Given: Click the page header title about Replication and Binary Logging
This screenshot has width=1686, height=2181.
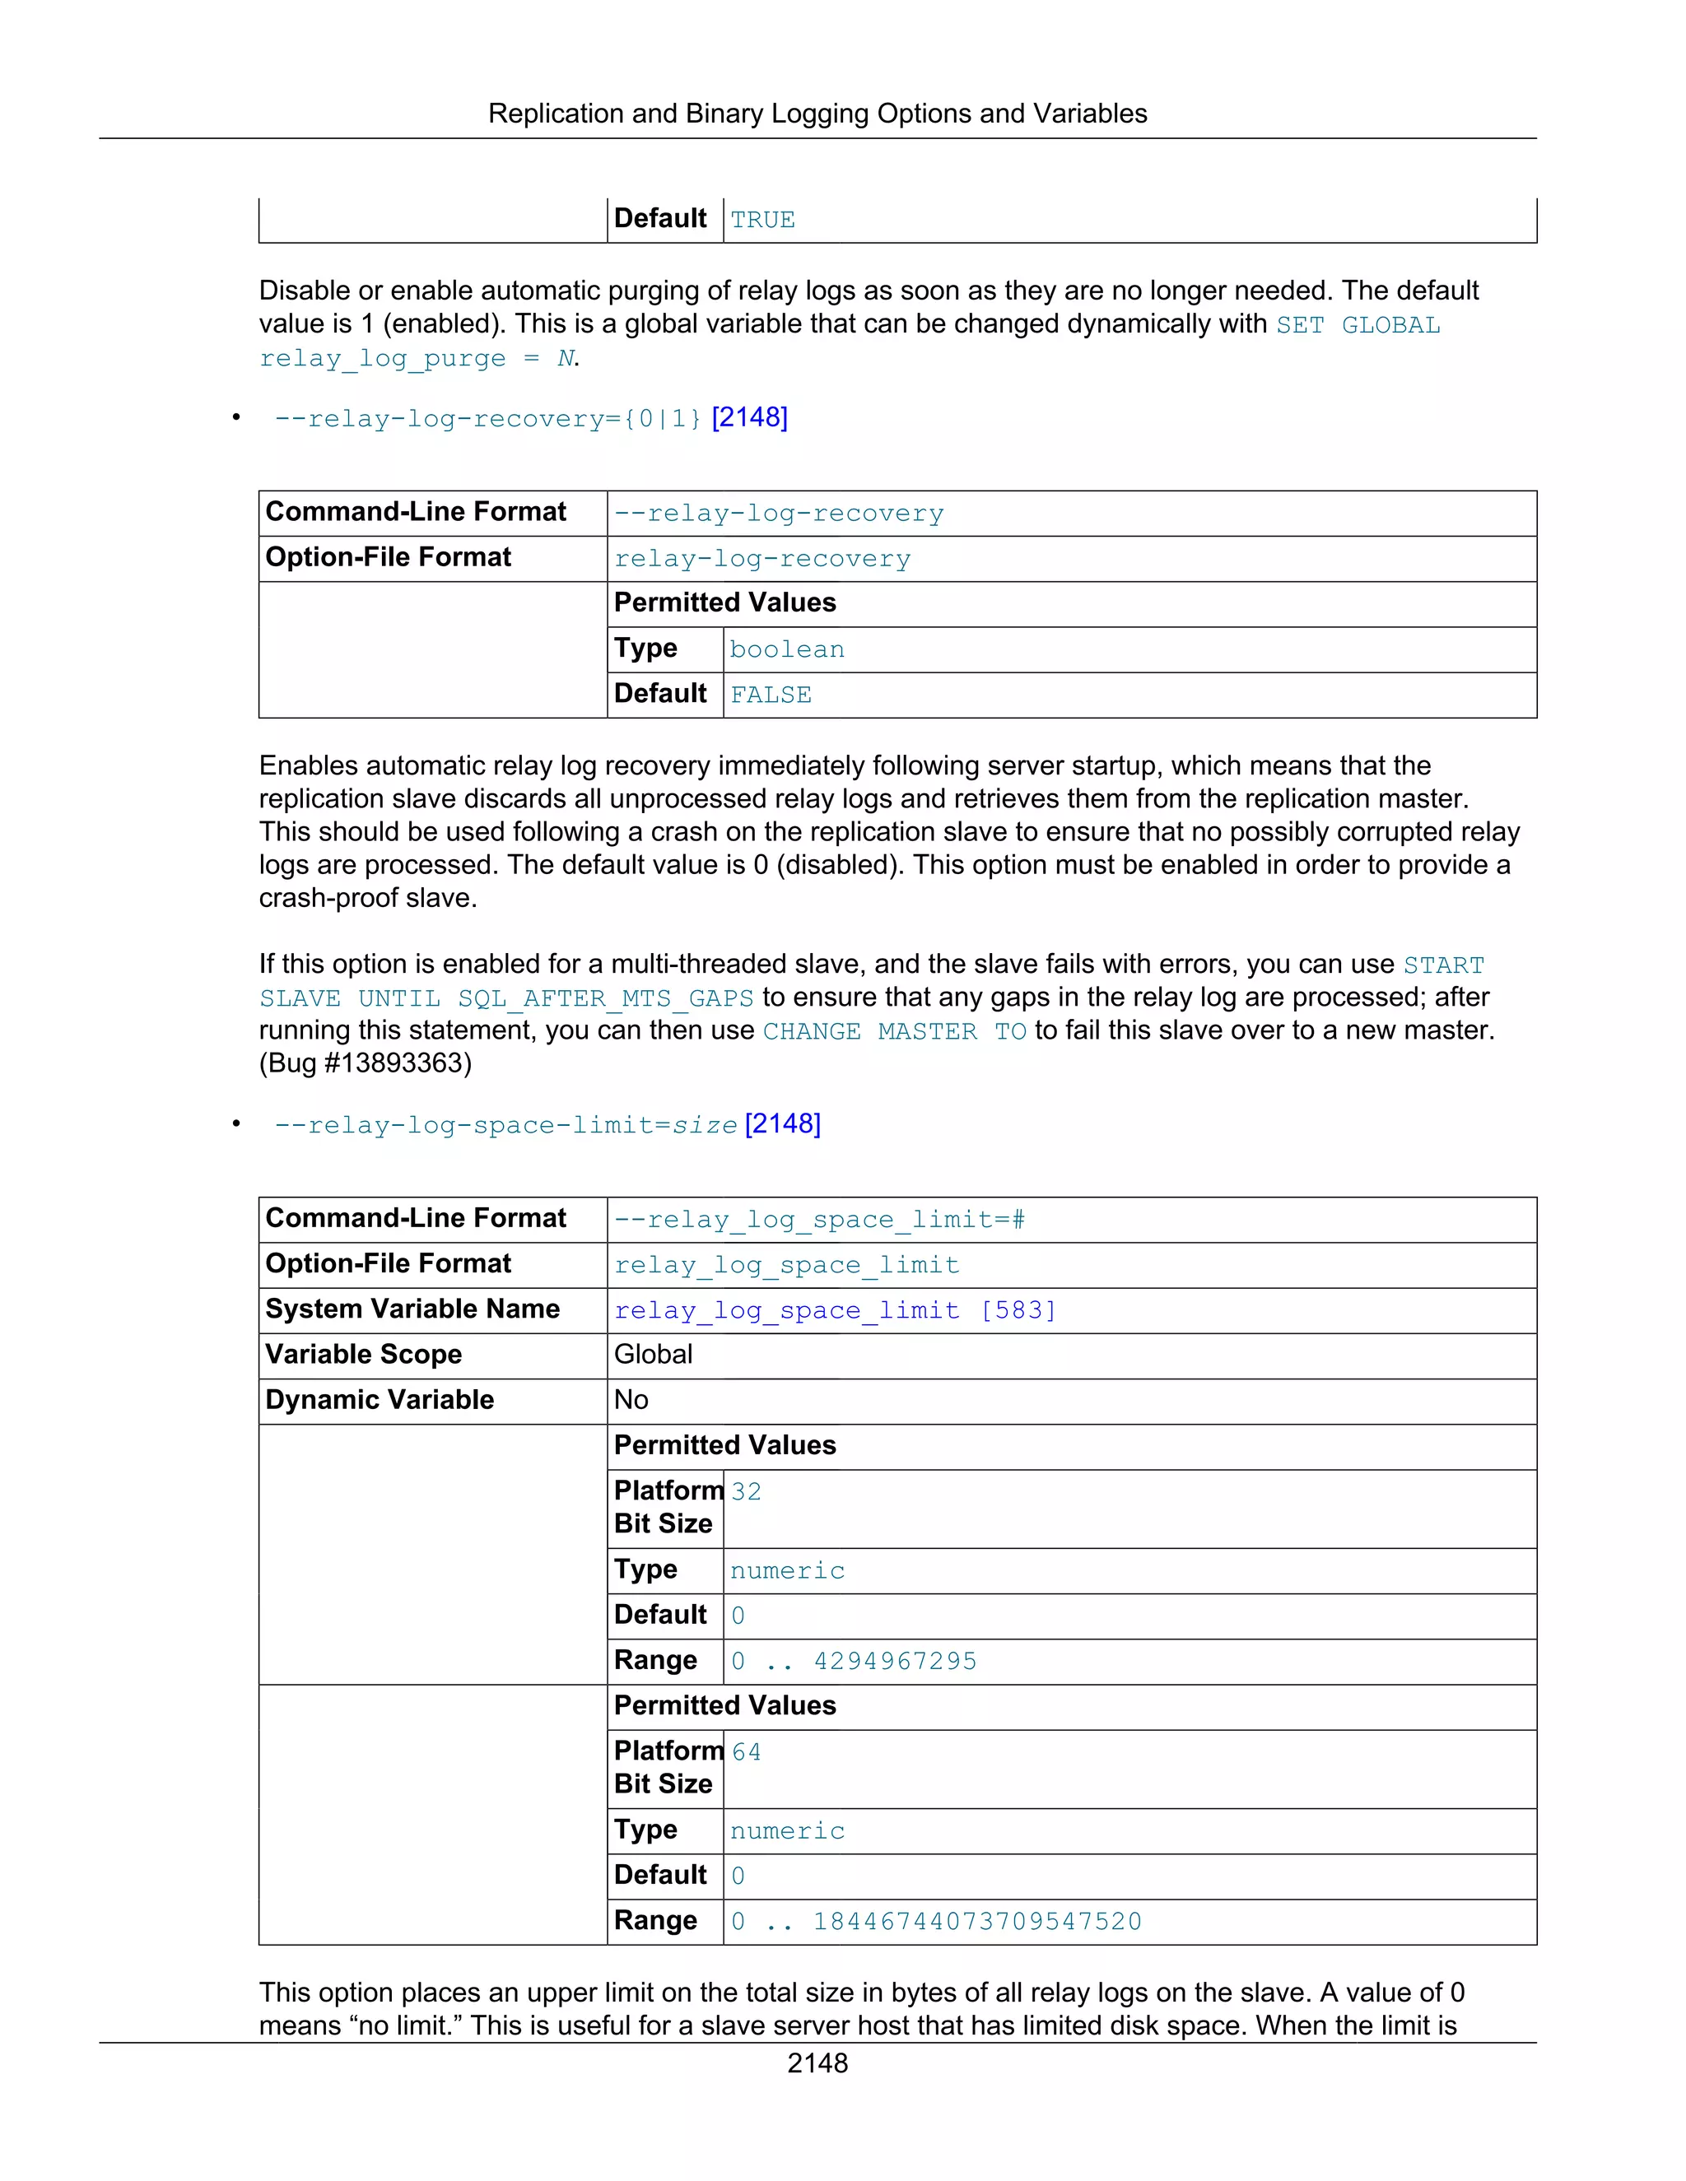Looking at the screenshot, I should coord(817,114).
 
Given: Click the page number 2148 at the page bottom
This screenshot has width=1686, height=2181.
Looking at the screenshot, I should coord(817,2063).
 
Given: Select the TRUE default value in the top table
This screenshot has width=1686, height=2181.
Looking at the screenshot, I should coord(762,220).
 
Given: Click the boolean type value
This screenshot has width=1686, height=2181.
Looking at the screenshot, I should coord(787,650).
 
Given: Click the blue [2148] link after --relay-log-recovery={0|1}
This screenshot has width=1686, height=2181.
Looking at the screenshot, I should coord(749,417).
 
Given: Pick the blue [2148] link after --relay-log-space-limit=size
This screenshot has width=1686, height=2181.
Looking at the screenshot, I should coord(782,1124).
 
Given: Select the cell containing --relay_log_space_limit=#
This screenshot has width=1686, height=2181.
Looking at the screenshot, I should coord(819,1221).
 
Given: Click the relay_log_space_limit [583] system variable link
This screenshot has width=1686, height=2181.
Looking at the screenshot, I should coord(835,1311).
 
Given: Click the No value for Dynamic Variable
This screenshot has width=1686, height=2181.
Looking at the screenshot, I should coord(631,1400).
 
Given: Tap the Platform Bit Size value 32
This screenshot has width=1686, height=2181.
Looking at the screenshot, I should coord(746,1492).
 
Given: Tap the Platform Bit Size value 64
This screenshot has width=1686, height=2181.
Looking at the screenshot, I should coord(746,1752).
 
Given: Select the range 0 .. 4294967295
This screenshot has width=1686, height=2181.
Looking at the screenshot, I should coord(853,1662).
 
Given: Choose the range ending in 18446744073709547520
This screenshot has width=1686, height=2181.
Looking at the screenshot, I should coord(936,1923).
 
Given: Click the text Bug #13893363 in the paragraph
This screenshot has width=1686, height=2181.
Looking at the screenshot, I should coord(366,1063).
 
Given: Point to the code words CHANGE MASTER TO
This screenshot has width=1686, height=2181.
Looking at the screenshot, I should coord(894,1031).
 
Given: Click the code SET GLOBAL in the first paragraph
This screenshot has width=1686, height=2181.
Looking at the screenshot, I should coord(1358,326).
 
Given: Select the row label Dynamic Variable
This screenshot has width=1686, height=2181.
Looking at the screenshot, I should coord(380,1400).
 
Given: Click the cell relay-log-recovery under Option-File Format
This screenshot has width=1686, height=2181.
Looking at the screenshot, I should coord(762,559).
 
